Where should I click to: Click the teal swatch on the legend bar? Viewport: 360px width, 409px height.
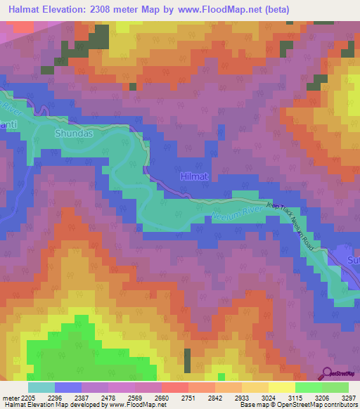point(41,387)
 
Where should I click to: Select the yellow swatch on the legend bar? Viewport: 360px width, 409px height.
point(281,387)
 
